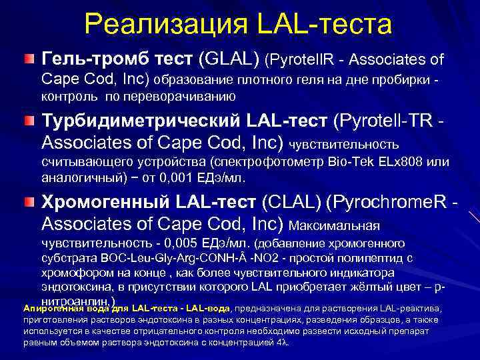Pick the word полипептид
point(369,258)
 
